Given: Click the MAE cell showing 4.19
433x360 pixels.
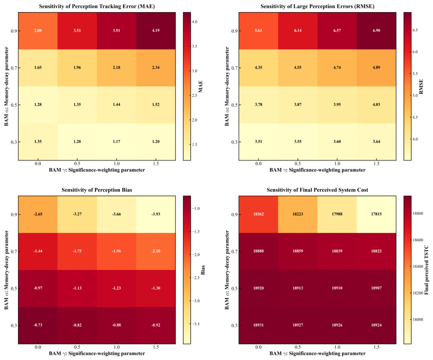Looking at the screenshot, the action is (x=156, y=31).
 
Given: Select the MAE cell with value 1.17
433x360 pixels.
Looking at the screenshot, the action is (x=117, y=141).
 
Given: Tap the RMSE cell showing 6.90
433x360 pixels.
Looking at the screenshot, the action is (x=377, y=31).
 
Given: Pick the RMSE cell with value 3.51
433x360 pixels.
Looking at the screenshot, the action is (x=259, y=141).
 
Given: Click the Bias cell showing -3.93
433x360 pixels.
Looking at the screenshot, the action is (x=156, y=214).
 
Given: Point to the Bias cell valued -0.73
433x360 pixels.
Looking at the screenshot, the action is (x=38, y=325).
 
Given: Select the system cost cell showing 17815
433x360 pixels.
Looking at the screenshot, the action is (x=377, y=214).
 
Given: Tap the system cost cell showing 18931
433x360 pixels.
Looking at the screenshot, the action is (x=259, y=325).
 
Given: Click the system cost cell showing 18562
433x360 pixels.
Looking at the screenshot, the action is (x=259, y=214).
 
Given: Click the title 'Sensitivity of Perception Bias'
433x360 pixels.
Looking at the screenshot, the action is (x=96, y=190).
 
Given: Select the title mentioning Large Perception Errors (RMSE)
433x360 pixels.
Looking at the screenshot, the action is (x=317, y=6).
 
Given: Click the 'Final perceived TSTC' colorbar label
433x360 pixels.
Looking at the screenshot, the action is (x=426, y=270).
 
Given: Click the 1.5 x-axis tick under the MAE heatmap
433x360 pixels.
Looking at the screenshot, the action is (x=156, y=164).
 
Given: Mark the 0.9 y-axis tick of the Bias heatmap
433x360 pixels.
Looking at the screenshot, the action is (x=14, y=214).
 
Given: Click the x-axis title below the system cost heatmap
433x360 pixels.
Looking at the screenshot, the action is (x=317, y=353).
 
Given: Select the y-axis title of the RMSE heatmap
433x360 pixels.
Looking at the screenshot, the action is (x=227, y=86).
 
